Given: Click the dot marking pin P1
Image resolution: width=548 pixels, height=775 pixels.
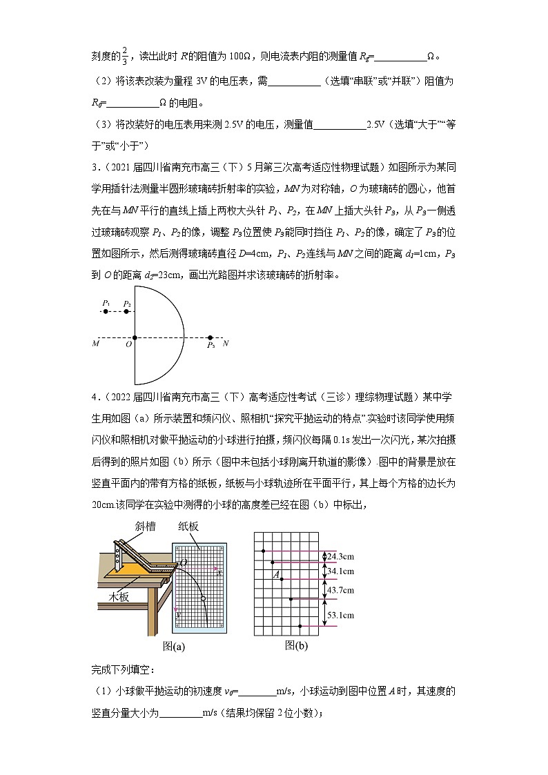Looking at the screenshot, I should (x=105, y=312).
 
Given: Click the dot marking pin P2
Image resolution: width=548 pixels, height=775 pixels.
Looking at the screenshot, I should (x=126, y=312).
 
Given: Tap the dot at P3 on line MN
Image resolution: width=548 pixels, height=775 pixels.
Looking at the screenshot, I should (x=211, y=338).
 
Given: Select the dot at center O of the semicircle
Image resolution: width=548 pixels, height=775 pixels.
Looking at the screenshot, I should (x=135, y=338).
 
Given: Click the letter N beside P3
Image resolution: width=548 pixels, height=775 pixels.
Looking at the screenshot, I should (x=226, y=343).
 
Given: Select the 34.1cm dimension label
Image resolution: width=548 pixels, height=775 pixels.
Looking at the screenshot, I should (x=340, y=571).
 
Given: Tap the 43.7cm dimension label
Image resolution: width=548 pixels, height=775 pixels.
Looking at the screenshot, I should (x=340, y=590).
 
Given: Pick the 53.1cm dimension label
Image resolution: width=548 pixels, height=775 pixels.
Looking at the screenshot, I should (x=340, y=614).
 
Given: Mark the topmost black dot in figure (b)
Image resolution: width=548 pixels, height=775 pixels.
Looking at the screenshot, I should (x=263, y=551).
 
